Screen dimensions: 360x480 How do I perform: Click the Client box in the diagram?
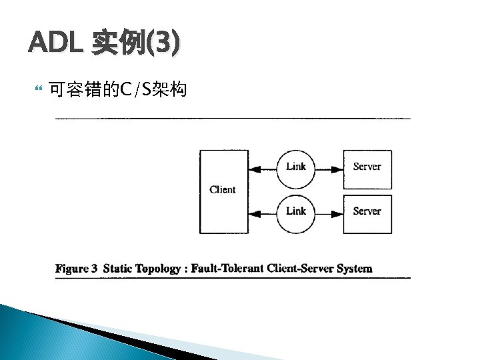pyautogui.click(x=223, y=191)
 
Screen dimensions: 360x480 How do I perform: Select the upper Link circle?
pyautogui.click(x=295, y=168)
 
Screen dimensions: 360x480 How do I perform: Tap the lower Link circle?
pyautogui.click(x=295, y=213)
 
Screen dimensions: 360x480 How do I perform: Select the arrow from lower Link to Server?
pyautogui.click(x=329, y=213)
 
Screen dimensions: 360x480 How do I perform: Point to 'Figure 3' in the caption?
pyautogui.click(x=77, y=269)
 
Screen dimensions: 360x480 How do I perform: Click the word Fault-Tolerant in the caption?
pyautogui.click(x=227, y=269)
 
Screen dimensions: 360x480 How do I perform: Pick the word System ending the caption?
pyautogui.click(x=354, y=269)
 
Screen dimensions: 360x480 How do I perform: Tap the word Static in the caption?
pyautogui.click(x=118, y=269)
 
